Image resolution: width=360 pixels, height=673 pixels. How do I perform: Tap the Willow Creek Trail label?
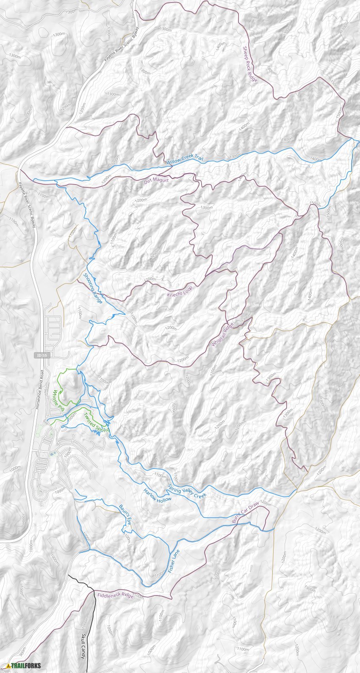point(185,160)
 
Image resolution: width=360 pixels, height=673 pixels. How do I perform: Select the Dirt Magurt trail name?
point(156,181)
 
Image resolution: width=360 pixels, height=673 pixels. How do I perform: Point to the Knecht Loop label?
point(180,291)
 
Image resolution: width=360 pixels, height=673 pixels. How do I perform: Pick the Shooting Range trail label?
point(93,289)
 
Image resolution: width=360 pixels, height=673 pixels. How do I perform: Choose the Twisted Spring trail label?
point(97,423)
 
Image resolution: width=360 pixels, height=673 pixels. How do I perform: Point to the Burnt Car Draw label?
point(245,513)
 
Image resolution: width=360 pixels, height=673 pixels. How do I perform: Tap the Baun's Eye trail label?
point(125,515)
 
